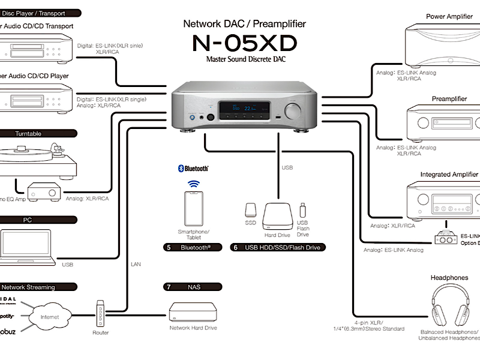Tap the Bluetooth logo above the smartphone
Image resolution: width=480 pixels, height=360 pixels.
pos(193,169)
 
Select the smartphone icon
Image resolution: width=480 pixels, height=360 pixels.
pos(193,208)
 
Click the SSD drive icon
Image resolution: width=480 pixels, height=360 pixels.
pos(251,210)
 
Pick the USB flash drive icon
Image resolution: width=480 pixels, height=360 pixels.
pos(302,211)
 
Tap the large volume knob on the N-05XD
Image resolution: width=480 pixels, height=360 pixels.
pos(294,112)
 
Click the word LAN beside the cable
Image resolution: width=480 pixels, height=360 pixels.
pos(136,263)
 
